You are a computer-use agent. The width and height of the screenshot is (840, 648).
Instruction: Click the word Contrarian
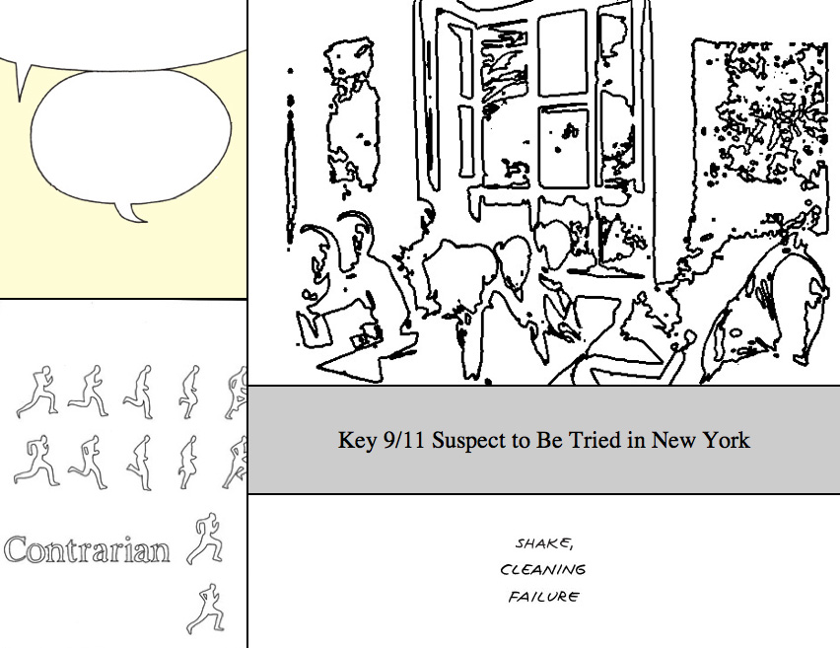[x=88, y=549]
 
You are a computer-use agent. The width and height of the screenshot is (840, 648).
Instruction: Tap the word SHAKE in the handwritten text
[x=542, y=543]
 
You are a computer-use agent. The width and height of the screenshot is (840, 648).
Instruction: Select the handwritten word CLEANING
[x=542, y=569]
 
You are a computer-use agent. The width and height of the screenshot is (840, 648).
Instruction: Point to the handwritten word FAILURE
[x=543, y=596]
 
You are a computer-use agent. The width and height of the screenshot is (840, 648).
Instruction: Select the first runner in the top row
[x=36, y=392]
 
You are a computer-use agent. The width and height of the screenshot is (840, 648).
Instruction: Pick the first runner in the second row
[x=36, y=461]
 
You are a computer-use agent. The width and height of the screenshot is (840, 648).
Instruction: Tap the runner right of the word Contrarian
[x=205, y=539]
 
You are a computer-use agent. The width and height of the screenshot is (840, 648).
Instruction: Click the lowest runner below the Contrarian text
[x=206, y=610]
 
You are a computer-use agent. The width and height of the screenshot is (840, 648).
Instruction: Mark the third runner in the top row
[x=139, y=392]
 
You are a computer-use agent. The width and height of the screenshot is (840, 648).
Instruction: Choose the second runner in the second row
[x=88, y=462]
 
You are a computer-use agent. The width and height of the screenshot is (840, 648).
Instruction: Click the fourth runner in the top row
[x=189, y=392]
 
